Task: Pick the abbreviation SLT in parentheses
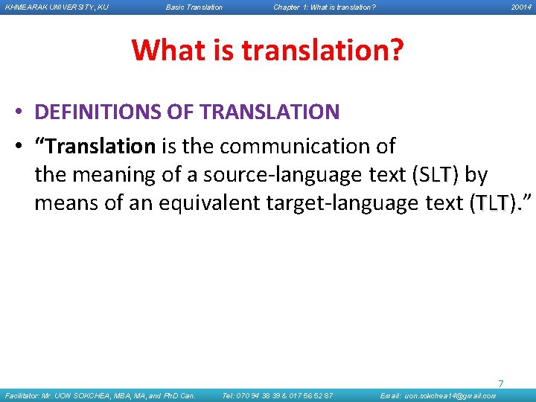coord(435,175)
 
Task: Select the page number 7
coord(500,383)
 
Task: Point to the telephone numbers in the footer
coord(278,396)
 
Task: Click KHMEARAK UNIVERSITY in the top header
coord(56,7)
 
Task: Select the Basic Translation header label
coord(194,7)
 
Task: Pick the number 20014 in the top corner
coord(520,7)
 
